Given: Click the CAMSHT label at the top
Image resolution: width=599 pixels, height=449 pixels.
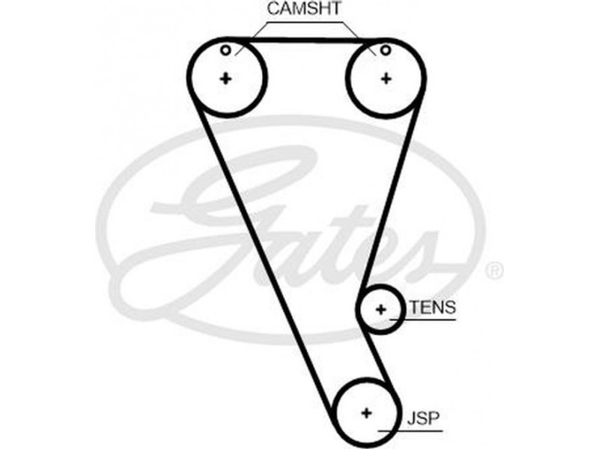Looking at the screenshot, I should coord(304,10).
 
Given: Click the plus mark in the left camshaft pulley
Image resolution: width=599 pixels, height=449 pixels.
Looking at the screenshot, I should coord(225,78).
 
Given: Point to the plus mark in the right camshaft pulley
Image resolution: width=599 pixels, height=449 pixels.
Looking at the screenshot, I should coord(386,78).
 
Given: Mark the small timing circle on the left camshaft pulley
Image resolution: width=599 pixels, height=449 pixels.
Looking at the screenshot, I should coord(225,50).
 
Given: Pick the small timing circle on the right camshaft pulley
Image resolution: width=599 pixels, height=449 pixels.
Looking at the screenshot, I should coord(385,50).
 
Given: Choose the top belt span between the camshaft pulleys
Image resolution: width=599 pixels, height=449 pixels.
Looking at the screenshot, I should coord(305,39).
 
